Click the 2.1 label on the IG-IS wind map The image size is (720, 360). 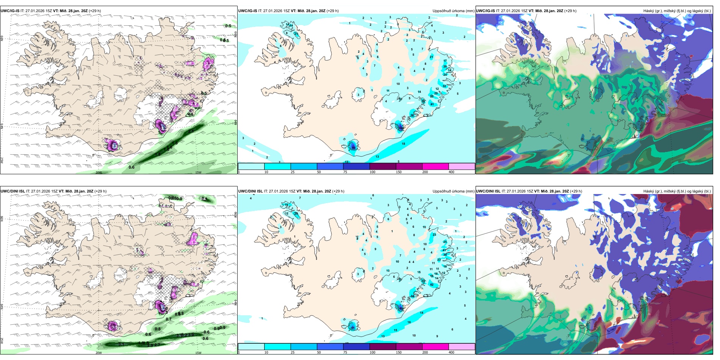click(191, 131)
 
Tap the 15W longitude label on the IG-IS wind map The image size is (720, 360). click(198, 172)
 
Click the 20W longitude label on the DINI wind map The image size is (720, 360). click(99, 353)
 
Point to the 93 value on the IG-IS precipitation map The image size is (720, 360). click(354, 147)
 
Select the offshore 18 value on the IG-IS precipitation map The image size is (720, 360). click(404, 144)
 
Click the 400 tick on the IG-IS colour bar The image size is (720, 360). click(451, 172)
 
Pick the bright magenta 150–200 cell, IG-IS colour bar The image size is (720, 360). click(435, 166)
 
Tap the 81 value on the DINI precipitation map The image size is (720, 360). click(353, 328)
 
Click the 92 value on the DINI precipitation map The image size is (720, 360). click(401, 308)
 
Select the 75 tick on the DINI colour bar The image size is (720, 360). click(345, 352)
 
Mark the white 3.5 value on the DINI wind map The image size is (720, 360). click(114, 326)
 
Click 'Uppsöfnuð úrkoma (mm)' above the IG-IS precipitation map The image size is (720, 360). click(453, 11)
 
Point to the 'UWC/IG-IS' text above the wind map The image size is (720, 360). click(10, 11)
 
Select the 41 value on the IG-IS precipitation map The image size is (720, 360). click(432, 104)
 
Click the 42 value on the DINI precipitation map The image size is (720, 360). click(432, 285)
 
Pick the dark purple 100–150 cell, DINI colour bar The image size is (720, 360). click(383, 347)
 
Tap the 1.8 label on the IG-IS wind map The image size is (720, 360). click(158, 154)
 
